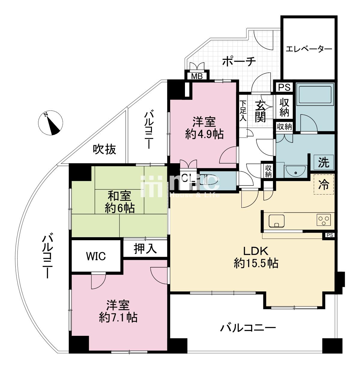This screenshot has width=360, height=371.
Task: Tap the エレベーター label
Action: point(309,49)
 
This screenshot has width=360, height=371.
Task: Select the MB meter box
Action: point(197,76)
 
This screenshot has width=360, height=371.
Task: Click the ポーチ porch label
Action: point(239,62)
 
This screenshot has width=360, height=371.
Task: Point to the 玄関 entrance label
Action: point(260,112)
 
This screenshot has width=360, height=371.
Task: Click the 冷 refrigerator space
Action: point(324,184)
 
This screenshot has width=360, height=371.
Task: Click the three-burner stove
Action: point(324,220)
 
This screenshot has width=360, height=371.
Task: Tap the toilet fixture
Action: point(210,180)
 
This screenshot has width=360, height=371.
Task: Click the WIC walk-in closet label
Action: point(96,256)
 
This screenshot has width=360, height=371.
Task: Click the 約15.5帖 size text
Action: point(256,263)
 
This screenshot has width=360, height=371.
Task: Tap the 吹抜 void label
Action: point(104,149)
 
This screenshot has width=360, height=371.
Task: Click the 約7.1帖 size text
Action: point(118,317)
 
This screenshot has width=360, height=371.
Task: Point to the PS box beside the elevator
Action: point(284,87)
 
